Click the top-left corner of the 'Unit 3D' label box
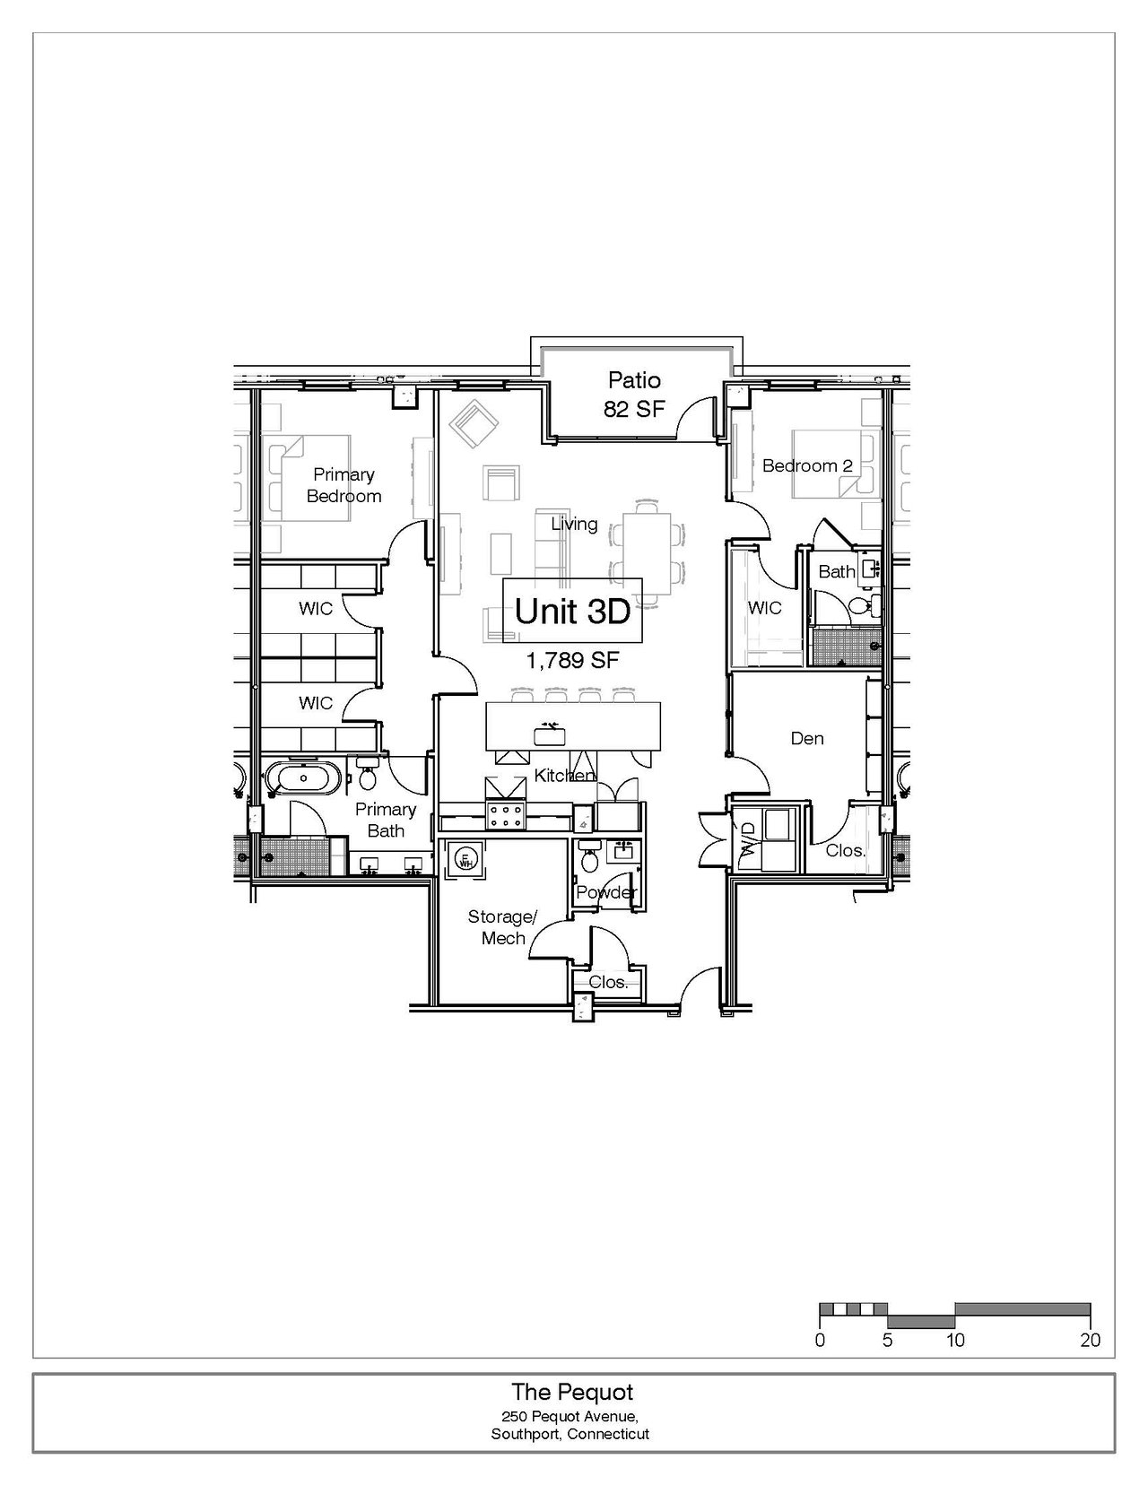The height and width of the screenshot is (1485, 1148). click(503, 578)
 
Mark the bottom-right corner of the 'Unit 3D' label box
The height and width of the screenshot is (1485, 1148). click(642, 643)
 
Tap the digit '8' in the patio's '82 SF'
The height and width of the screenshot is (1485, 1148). click(610, 409)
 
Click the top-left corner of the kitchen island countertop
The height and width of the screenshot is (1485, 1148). click(486, 702)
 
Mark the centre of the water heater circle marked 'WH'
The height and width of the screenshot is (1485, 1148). click(465, 860)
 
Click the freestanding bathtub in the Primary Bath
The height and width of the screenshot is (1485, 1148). click(300, 778)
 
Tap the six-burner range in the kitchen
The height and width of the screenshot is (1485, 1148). click(505, 813)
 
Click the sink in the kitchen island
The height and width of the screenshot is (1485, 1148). click(550, 735)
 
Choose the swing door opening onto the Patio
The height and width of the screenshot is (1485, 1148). click(697, 419)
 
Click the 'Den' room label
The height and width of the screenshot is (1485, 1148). click(807, 739)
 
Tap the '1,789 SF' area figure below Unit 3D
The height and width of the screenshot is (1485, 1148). click(572, 660)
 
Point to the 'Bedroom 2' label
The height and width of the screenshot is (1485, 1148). click(808, 466)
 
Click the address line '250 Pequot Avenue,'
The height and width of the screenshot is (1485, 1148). click(570, 1416)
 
